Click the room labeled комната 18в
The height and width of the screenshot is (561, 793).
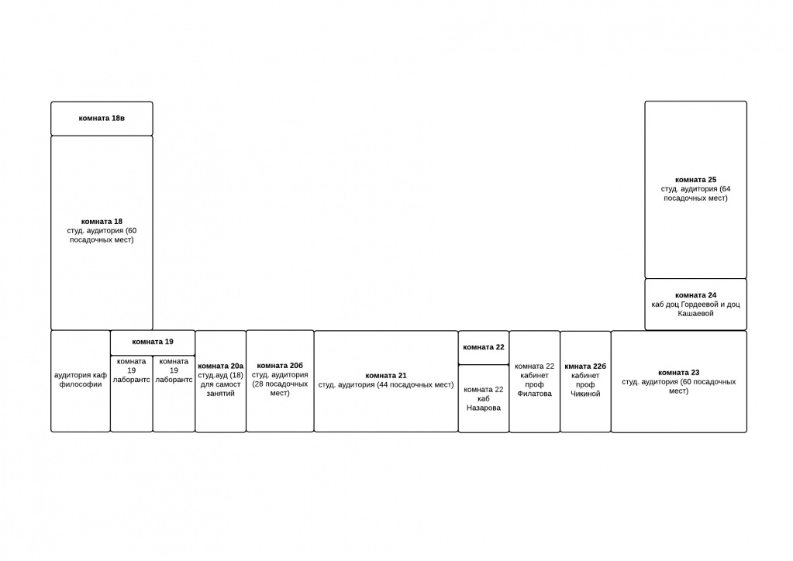[102, 119]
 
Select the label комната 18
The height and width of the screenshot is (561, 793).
[102, 222]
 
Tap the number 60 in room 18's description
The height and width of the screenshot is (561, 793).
[132, 230]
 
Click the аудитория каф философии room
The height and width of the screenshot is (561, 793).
[81, 381]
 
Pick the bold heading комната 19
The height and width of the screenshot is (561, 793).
[153, 342]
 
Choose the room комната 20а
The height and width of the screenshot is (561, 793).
[220, 381]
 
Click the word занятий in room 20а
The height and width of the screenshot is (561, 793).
[220, 393]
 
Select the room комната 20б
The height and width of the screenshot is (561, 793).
[280, 381]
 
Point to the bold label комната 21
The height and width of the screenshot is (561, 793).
[386, 376]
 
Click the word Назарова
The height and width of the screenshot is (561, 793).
[484, 408]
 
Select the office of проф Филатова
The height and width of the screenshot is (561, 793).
[535, 381]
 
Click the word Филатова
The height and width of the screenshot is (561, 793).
[535, 394]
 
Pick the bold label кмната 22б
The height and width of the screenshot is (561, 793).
[585, 366]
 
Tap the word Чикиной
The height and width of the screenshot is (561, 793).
[585, 394]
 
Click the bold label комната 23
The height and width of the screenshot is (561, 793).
[679, 373]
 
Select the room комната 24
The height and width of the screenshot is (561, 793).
[696, 305]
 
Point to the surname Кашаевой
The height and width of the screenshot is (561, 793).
[696, 313]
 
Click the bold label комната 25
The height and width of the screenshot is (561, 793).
[696, 180]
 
